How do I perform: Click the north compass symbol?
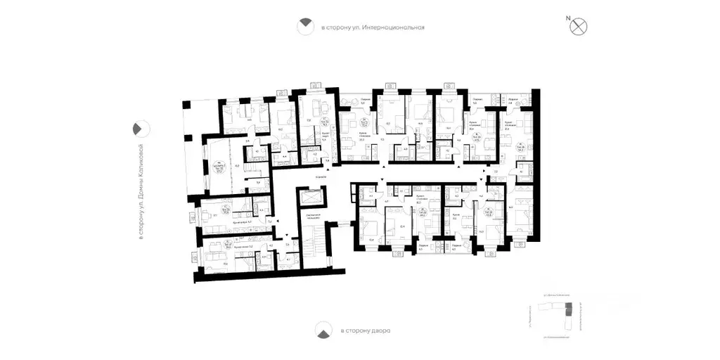click(x=579, y=27)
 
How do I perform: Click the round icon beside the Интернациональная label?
click(x=305, y=27)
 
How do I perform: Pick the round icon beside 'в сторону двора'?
click(x=324, y=330)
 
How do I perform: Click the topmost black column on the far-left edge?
click(x=185, y=105)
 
